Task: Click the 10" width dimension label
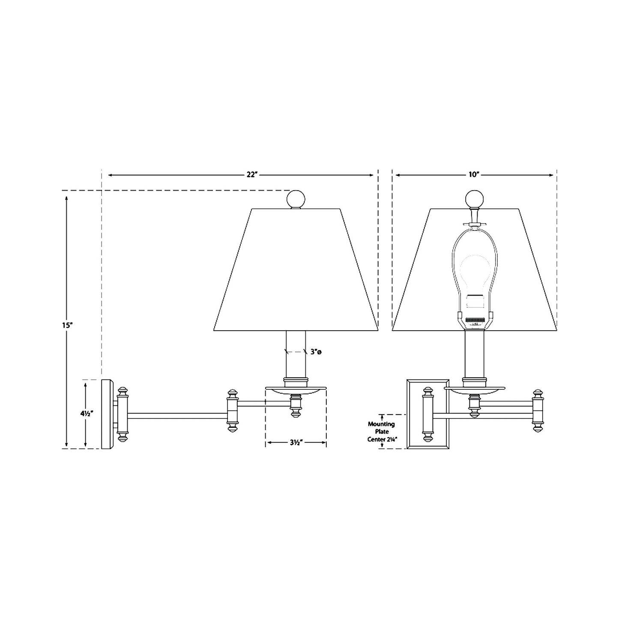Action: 473,175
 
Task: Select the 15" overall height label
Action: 66,325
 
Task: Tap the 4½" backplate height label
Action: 86,414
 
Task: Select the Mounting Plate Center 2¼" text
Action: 382,431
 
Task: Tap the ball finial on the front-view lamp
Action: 474,199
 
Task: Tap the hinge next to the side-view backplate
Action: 123,414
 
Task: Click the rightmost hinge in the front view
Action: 538,410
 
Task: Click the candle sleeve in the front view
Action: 474,353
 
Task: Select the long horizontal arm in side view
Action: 176,415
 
